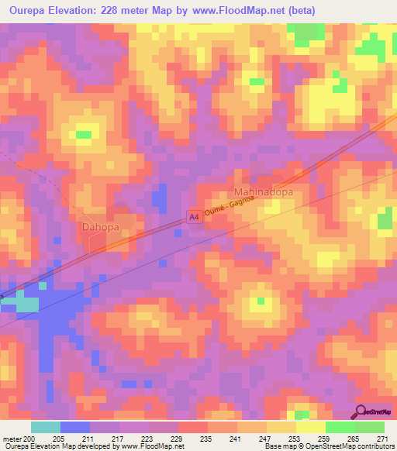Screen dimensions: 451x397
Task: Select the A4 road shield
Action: [x=195, y=220]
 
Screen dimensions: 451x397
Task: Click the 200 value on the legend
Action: [x=30, y=439]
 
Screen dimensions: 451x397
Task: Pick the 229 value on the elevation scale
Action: [x=178, y=439]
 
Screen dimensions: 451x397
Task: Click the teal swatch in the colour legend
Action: [x=46, y=427]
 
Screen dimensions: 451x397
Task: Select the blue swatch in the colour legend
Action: [x=75, y=427]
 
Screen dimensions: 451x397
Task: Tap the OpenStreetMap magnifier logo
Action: [x=361, y=413]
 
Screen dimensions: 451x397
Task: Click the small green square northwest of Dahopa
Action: [x=82, y=135]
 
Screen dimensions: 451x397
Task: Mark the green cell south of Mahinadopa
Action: [x=261, y=301]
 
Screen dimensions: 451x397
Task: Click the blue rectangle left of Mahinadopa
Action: [x=159, y=198]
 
